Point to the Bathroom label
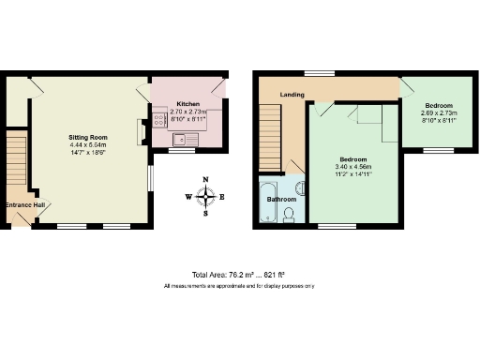point(281,200)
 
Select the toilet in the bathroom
point(290,217)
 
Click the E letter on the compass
point(222,197)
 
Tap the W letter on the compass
point(188,197)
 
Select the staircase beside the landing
point(269,136)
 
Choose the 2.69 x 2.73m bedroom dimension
point(438,112)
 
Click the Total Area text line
point(239,274)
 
